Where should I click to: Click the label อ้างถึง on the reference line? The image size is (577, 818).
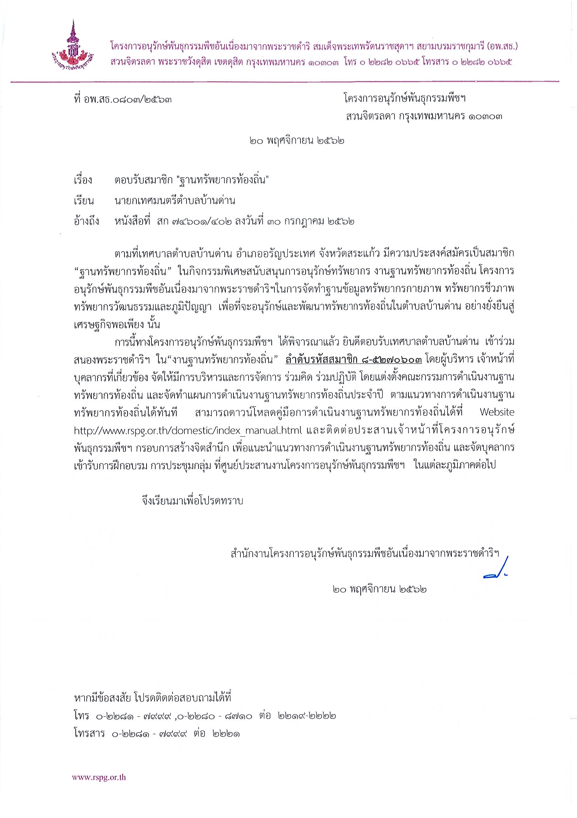coord(87,221)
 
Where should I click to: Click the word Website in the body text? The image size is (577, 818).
coord(497,412)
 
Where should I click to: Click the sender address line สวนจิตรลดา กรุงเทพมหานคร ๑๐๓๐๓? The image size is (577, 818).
coord(424,116)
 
